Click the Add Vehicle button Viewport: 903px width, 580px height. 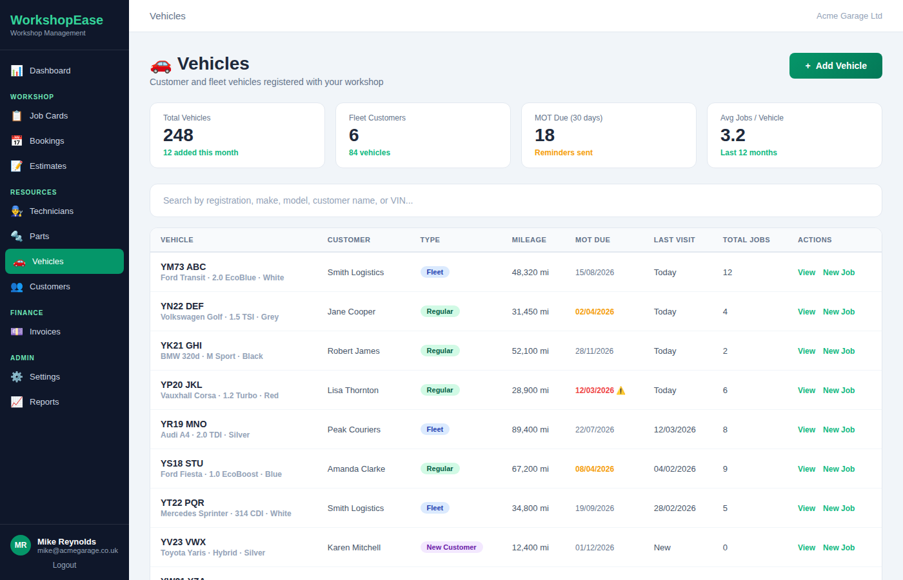click(835, 66)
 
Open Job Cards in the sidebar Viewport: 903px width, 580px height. click(48, 116)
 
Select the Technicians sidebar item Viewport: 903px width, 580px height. click(51, 211)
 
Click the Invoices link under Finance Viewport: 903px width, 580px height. click(45, 332)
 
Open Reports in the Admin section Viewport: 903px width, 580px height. click(44, 402)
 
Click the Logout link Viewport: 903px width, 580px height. click(64, 565)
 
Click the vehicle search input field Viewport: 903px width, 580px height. click(515, 200)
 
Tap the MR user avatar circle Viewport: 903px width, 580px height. click(21, 545)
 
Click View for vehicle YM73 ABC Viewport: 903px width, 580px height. click(806, 273)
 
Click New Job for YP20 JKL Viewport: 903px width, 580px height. click(838, 391)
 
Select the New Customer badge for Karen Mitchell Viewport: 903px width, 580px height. click(451, 547)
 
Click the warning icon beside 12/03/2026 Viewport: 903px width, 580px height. click(621, 391)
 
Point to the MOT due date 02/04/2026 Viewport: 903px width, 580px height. click(594, 312)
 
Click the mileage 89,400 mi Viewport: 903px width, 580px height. click(530, 430)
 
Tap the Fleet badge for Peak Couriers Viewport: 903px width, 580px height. click(435, 429)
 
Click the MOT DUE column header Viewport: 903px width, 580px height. click(592, 240)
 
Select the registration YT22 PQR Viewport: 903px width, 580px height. click(183, 503)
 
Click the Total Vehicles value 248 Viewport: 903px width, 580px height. click(178, 135)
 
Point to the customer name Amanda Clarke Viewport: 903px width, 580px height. click(356, 469)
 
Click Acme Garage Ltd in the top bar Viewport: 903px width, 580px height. click(849, 16)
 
